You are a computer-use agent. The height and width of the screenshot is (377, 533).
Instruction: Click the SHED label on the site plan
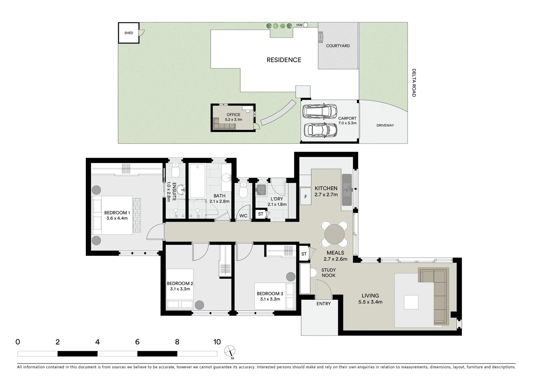click(x=129, y=33)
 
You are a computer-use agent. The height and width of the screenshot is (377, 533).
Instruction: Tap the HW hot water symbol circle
click(x=305, y=25)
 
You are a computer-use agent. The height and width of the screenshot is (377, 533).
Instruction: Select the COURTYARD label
click(x=338, y=46)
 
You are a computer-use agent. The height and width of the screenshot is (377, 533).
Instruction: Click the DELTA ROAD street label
click(x=414, y=83)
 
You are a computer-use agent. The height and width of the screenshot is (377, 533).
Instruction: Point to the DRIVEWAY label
click(x=385, y=125)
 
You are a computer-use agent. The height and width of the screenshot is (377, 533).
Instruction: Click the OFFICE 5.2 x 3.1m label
click(x=233, y=117)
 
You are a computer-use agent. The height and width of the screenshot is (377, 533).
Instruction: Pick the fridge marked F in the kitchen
click(x=306, y=197)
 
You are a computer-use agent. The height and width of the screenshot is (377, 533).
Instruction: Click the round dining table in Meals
click(x=334, y=234)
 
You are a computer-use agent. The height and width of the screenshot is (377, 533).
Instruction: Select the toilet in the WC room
click(x=243, y=190)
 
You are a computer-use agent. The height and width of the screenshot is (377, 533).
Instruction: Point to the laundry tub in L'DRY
click(x=261, y=190)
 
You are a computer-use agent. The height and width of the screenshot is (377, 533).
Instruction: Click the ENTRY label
click(x=323, y=304)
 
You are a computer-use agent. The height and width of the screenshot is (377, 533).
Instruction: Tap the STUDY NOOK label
click(x=328, y=273)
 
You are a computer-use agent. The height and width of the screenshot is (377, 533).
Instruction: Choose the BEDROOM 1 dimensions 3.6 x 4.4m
click(x=117, y=218)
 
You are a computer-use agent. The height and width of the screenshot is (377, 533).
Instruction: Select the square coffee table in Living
click(x=411, y=302)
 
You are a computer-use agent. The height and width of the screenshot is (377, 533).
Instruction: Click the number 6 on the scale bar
click(x=137, y=342)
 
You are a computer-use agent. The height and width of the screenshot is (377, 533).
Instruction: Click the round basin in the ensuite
click(x=181, y=190)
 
